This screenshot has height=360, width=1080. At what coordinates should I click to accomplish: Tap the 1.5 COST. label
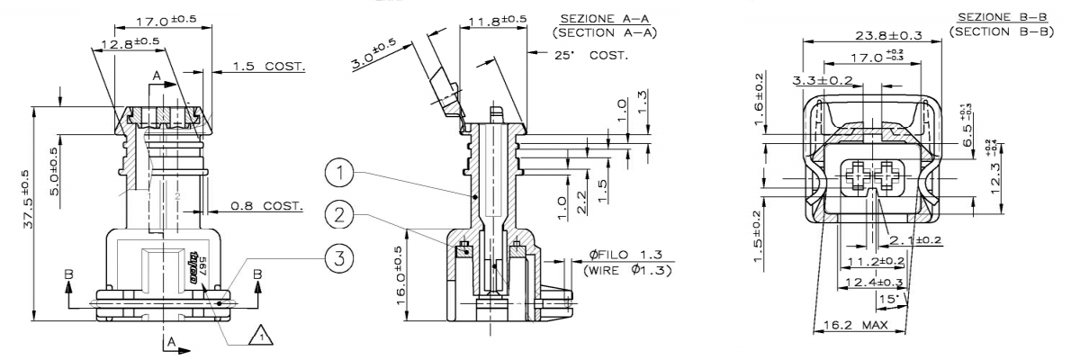click(x=268, y=67)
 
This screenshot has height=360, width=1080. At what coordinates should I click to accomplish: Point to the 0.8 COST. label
click(x=266, y=206)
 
